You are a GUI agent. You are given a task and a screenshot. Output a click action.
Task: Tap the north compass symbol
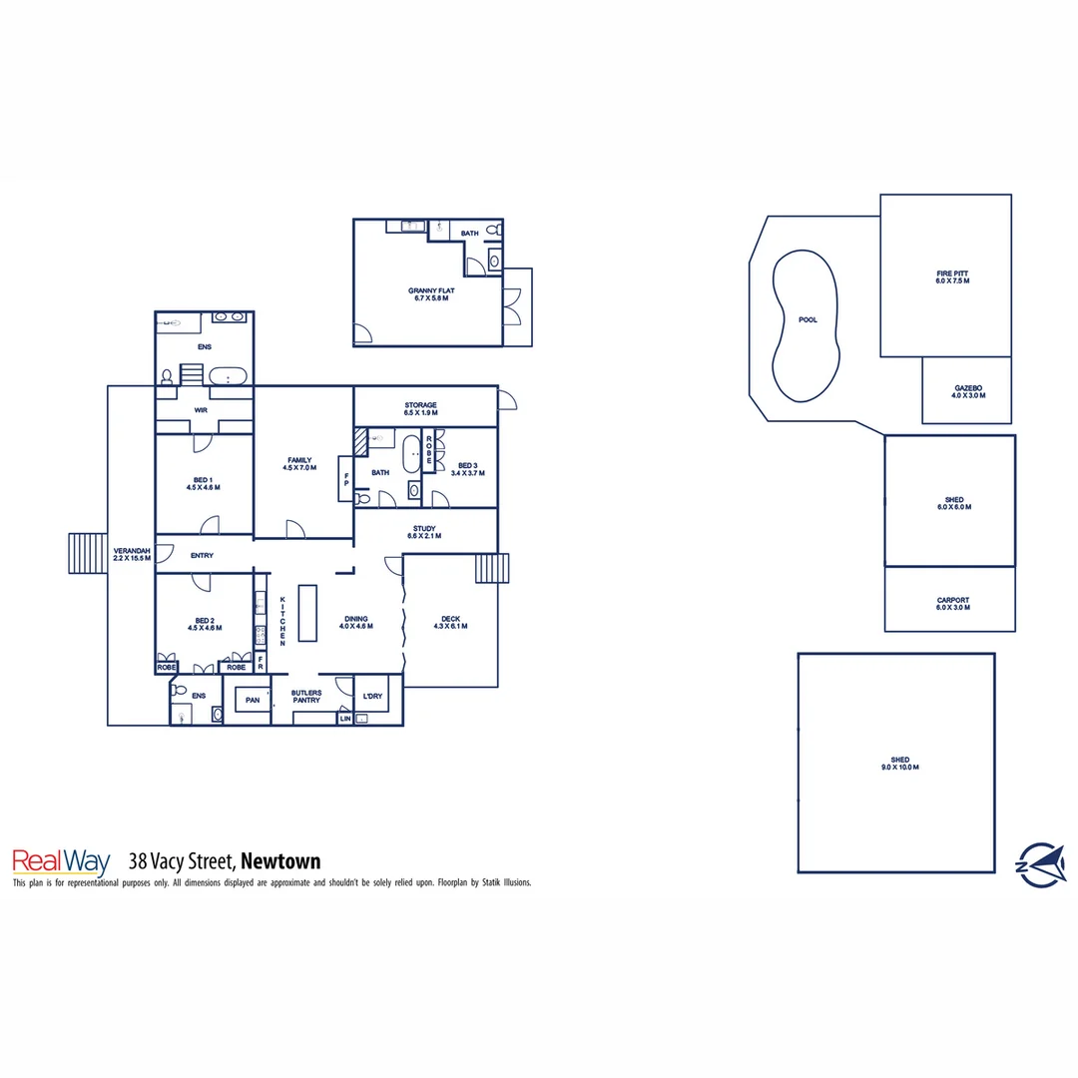pos(1039,862)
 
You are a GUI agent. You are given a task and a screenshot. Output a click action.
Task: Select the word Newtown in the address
pos(280,861)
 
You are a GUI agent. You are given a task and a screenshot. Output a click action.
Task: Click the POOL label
pos(808,320)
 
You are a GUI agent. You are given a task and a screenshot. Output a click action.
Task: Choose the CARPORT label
pos(952,601)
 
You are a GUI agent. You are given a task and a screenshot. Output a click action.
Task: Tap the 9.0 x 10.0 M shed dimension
pos(898,768)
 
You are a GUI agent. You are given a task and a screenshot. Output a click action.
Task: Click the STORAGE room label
pos(420,405)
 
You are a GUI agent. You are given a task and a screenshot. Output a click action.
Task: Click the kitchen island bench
pos(306,613)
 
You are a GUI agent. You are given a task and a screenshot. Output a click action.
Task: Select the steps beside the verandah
pos(81,553)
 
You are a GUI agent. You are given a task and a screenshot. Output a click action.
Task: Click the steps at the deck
pos(491,569)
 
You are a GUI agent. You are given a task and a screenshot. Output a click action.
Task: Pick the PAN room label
pos(253,701)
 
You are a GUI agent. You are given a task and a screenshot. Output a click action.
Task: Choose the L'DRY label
pos(372,696)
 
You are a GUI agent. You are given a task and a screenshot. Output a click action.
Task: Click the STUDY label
pos(424,529)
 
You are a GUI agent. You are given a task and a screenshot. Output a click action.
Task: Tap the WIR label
pos(201,410)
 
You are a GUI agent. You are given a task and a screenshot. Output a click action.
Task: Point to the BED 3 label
pos(468,466)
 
